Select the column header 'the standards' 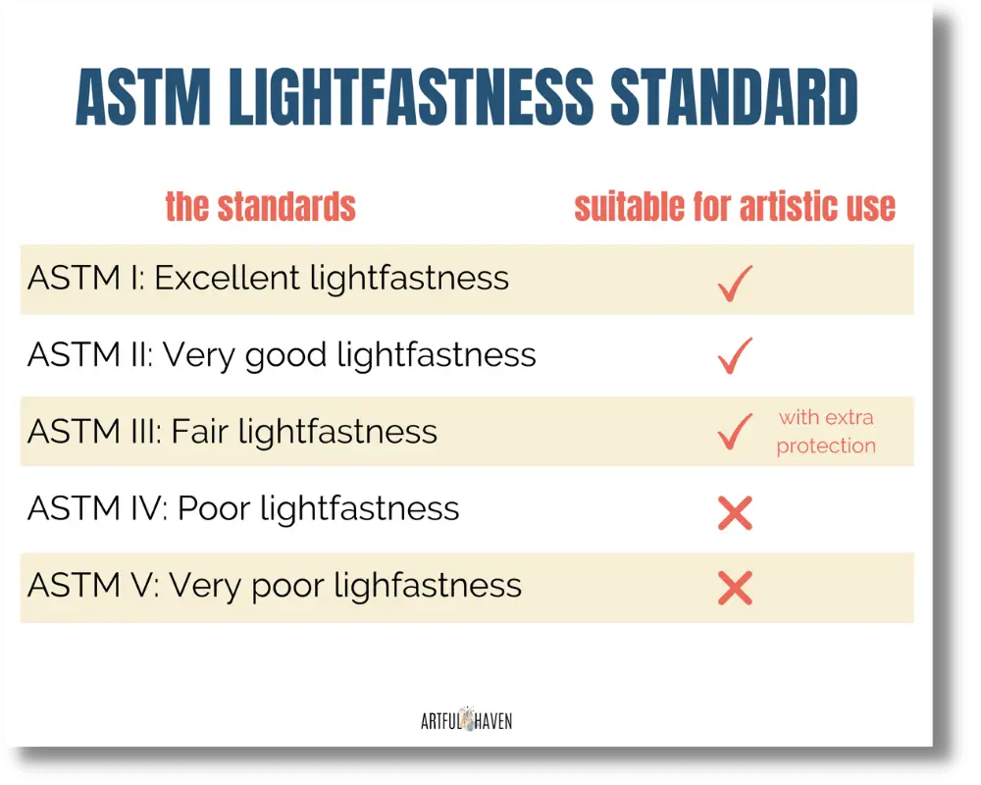pyautogui.click(x=260, y=207)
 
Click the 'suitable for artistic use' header pyautogui.click(x=735, y=207)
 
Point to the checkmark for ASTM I pyautogui.click(x=734, y=281)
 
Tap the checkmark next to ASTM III pyautogui.click(x=734, y=432)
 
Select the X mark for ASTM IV pyautogui.click(x=735, y=512)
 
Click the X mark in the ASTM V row pyautogui.click(x=735, y=588)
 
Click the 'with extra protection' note pyautogui.click(x=826, y=432)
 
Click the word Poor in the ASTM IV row pyautogui.click(x=210, y=508)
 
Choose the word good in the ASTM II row pyautogui.click(x=286, y=356)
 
